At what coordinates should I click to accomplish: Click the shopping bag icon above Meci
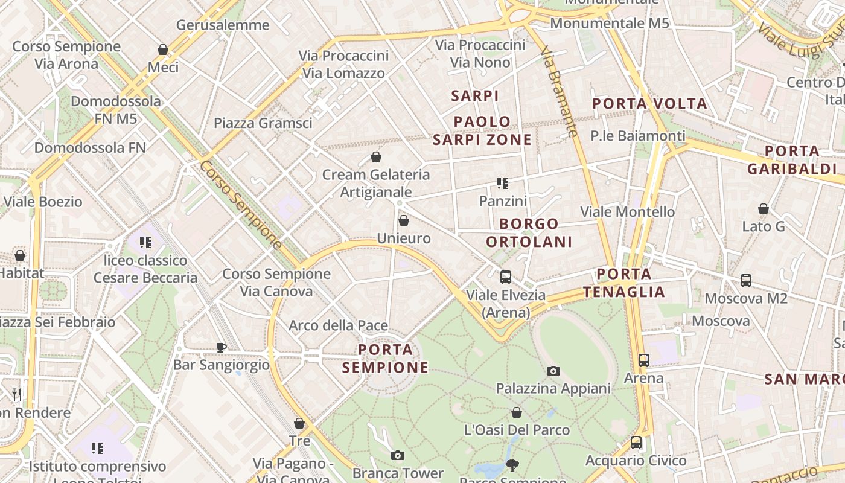pyautogui.click(x=162, y=50)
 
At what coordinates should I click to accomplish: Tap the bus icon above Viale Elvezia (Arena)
pyautogui.click(x=506, y=277)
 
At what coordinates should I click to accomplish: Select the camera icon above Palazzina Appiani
pyautogui.click(x=553, y=371)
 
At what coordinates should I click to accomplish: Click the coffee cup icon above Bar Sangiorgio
pyautogui.click(x=222, y=347)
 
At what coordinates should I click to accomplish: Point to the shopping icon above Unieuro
pyautogui.click(x=404, y=220)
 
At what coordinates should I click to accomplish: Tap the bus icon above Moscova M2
pyautogui.click(x=746, y=281)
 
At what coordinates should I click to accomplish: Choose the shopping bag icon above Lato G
pyautogui.click(x=764, y=209)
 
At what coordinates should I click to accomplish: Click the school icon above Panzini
pyautogui.click(x=503, y=183)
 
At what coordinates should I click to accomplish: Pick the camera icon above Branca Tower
pyautogui.click(x=397, y=455)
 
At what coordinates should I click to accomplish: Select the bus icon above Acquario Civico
pyautogui.click(x=636, y=443)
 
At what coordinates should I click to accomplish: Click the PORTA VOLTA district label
pyautogui.click(x=649, y=104)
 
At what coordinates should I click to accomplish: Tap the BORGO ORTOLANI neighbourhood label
pyautogui.click(x=529, y=233)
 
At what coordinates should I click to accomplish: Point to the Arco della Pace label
pyautogui.click(x=338, y=326)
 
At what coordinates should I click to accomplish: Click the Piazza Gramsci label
pyautogui.click(x=263, y=123)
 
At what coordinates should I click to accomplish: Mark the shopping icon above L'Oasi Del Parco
pyautogui.click(x=517, y=412)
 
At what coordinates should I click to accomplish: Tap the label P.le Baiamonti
pyautogui.click(x=638, y=136)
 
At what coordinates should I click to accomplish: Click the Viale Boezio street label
pyautogui.click(x=43, y=202)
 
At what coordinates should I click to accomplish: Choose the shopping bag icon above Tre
pyautogui.click(x=299, y=423)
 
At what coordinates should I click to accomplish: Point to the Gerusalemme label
pyautogui.click(x=223, y=25)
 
